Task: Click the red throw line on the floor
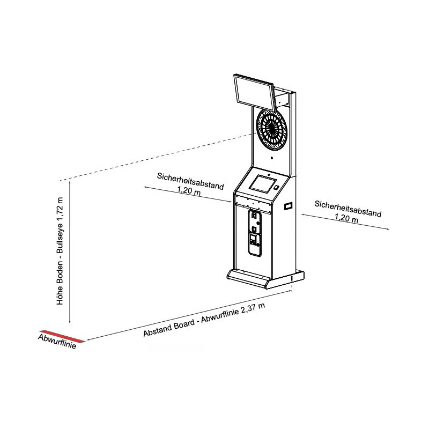pyautogui.click(x=62, y=336)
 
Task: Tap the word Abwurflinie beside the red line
pyautogui.click(x=57, y=342)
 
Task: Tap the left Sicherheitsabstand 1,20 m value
pyautogui.click(x=189, y=190)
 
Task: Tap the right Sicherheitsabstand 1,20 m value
pyautogui.click(x=346, y=218)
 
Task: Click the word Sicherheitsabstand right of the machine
pyautogui.click(x=348, y=209)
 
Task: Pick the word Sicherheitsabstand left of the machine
pyautogui.click(x=190, y=181)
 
